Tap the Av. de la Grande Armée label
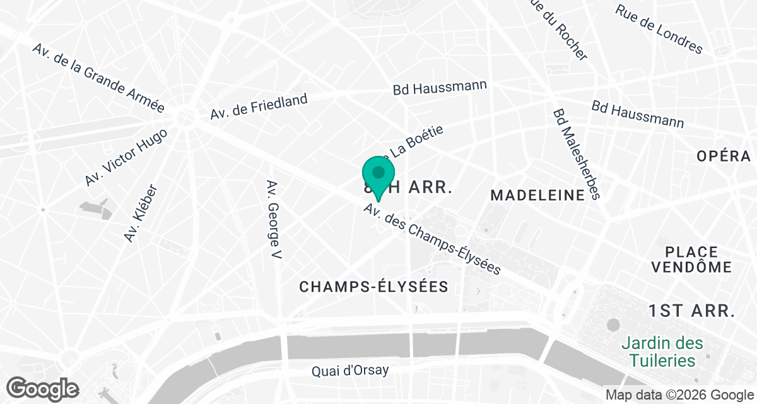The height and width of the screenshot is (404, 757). (98, 78)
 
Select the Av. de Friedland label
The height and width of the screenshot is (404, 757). (259, 107)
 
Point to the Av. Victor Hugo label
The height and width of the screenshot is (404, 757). (126, 157)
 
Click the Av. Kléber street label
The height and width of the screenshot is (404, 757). (140, 213)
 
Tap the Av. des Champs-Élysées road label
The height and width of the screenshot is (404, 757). (432, 239)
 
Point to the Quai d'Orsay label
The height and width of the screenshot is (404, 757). (350, 371)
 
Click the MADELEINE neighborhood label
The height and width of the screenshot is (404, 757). (537, 196)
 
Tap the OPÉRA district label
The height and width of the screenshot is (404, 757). (724, 157)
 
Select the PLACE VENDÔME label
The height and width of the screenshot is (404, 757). (691, 259)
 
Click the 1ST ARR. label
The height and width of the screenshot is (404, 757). (691, 311)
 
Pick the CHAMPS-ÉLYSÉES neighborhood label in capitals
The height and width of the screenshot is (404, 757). (373, 287)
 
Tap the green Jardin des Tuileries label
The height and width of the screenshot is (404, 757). (662, 352)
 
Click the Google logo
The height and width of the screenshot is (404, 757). (43, 388)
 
